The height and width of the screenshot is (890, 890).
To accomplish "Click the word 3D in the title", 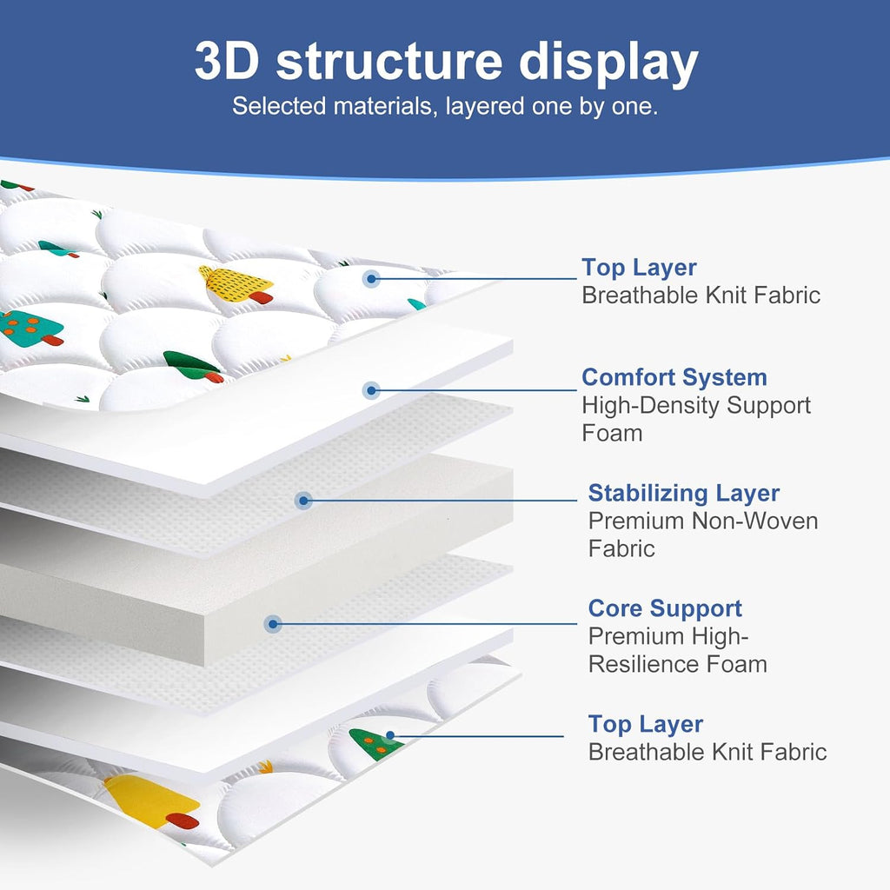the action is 227,61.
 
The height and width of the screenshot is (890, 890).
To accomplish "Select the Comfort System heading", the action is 674,377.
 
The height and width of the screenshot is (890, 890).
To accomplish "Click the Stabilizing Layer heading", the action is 683,494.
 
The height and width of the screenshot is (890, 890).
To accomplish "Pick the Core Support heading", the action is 665,608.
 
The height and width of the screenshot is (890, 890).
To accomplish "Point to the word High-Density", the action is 651,405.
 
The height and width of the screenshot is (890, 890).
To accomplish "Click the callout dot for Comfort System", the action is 371,390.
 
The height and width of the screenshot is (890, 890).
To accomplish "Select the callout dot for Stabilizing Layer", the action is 303,500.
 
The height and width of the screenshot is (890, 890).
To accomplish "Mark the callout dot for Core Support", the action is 273,624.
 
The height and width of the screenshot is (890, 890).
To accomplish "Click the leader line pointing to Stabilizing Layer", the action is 441,500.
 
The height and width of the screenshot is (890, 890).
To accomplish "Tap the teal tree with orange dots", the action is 30,329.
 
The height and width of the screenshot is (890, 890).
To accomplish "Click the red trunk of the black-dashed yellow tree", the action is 261,297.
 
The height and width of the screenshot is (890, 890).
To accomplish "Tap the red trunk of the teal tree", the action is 52,340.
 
